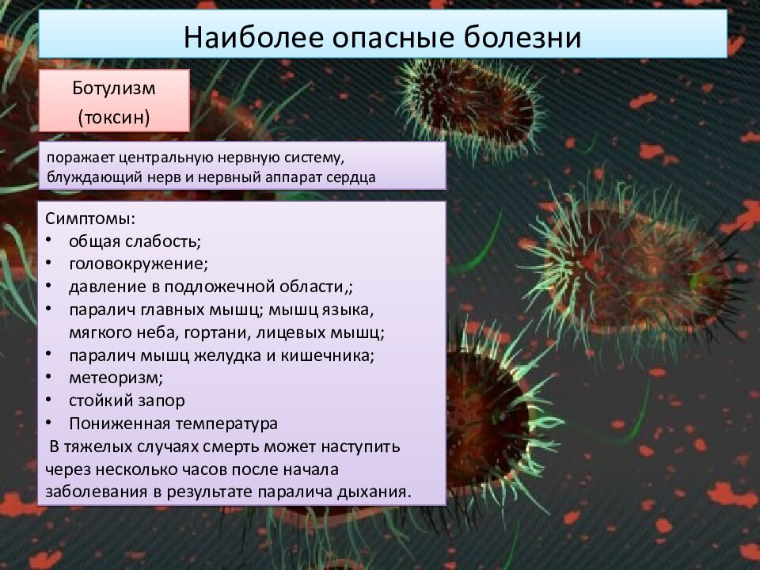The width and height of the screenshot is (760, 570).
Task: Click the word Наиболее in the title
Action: coord(253,36)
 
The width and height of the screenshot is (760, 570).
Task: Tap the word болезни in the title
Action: coord(522,36)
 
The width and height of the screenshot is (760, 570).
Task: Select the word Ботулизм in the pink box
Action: coord(114,88)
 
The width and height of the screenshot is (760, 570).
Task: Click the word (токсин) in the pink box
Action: coord(114,117)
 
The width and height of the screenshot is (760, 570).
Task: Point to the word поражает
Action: coord(80,158)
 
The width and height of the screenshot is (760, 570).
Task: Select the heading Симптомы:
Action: coord(90,219)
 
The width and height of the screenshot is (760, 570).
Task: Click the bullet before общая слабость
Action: coord(48,241)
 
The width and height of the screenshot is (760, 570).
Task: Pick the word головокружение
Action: coord(138,264)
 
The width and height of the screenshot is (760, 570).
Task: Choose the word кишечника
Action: coord(328,356)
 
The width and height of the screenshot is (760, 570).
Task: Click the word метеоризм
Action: coord(116,378)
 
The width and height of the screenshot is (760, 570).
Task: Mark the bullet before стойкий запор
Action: coord(48,400)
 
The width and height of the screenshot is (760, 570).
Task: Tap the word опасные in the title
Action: coord(393,38)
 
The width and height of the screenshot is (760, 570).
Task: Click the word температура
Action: coord(226,424)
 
